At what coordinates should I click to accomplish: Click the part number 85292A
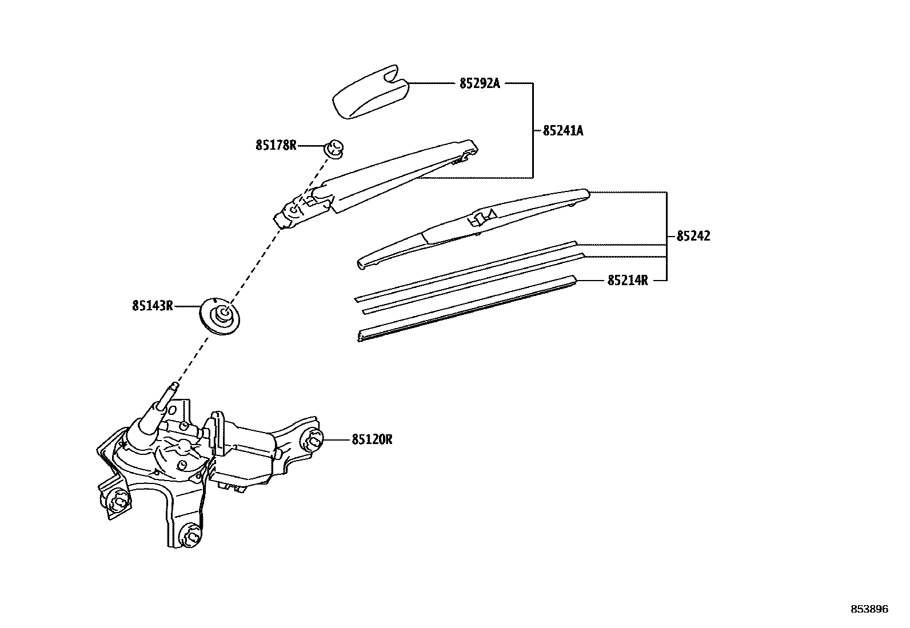[x=480, y=83]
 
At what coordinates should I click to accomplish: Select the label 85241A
[x=562, y=131]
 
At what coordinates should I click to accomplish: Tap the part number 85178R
[x=276, y=145]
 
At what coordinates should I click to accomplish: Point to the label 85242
[x=693, y=236]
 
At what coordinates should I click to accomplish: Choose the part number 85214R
[x=628, y=281]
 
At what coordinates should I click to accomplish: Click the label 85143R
[x=152, y=306]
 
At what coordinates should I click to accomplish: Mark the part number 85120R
[x=372, y=439]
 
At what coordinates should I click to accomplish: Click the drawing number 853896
[x=869, y=609]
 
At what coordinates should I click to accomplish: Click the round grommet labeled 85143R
[x=222, y=314]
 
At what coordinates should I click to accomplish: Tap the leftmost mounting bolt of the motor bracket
[x=118, y=502]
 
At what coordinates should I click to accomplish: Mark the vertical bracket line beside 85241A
[x=533, y=130]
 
